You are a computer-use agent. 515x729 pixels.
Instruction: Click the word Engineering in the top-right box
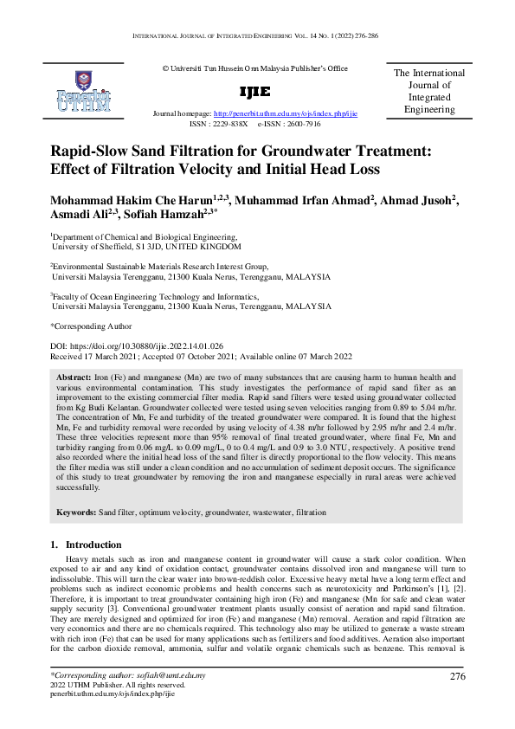click(429, 110)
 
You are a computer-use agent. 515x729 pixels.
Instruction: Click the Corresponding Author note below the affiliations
click(92, 326)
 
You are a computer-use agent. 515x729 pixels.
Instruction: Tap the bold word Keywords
click(76, 513)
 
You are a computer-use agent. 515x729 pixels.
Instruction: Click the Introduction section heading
click(86, 545)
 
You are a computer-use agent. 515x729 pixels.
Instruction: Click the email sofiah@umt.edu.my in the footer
click(169, 698)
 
